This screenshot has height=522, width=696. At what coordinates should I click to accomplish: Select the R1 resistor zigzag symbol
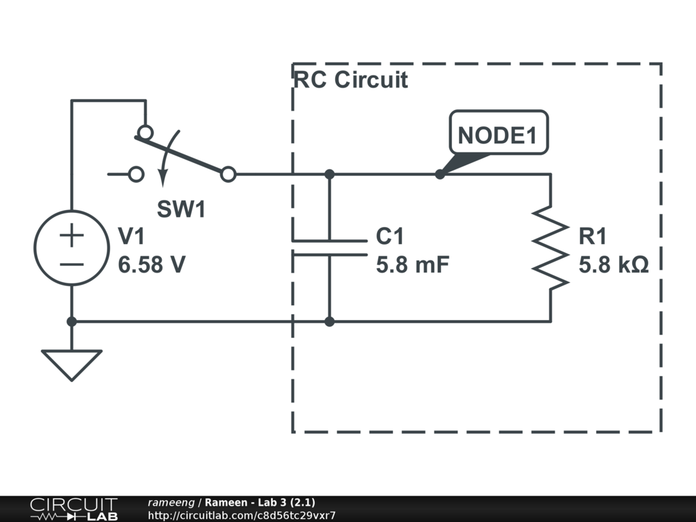point(550,249)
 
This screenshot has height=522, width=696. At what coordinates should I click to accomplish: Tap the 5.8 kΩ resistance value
point(614,264)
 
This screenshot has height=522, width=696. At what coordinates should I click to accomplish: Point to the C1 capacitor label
point(390,237)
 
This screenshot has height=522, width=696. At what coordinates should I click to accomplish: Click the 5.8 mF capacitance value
point(413,264)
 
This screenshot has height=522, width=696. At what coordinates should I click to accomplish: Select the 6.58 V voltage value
point(152,264)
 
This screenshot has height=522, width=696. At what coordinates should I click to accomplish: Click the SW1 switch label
point(181,209)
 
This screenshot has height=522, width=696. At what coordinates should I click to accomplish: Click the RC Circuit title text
point(350,80)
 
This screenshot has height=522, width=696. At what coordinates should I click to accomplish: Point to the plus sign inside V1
point(71,235)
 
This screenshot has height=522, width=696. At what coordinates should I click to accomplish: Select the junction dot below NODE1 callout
point(440,174)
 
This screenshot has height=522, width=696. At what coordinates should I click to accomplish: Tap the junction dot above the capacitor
point(330,174)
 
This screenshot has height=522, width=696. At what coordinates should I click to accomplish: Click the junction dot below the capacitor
point(330,321)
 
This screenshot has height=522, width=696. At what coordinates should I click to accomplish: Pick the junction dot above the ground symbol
point(71,321)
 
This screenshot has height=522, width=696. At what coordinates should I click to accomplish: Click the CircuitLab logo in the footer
point(73,508)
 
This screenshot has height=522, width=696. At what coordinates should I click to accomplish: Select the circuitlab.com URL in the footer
point(241,516)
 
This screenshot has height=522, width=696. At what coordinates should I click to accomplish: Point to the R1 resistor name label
point(593,237)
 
